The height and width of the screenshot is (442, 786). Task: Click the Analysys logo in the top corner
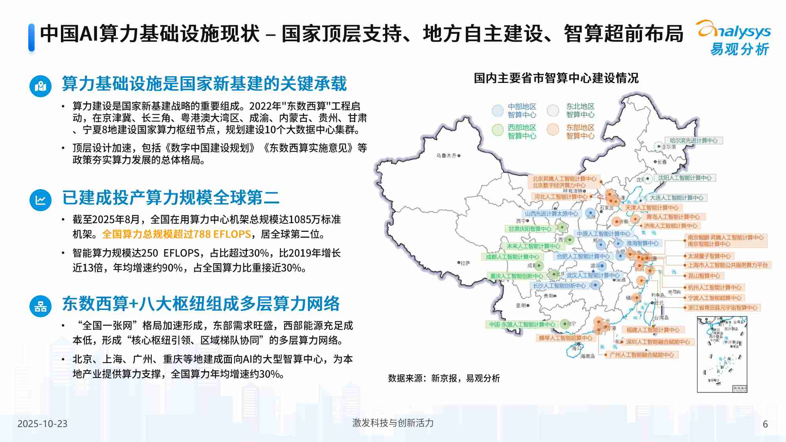point(734,38)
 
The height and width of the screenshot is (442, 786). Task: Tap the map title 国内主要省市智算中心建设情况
point(556,78)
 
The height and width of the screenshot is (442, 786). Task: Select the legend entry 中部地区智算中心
point(522,110)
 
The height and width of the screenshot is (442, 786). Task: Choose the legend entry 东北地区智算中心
point(580,110)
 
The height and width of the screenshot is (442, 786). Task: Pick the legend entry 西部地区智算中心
point(522,132)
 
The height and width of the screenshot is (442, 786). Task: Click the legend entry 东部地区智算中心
point(580,132)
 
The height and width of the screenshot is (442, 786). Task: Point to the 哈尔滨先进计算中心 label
point(694,140)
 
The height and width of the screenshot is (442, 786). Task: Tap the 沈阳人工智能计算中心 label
point(685,178)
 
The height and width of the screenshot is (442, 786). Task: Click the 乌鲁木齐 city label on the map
point(446,156)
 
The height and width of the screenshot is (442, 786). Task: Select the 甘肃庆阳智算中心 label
point(530,229)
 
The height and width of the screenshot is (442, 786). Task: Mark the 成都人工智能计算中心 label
point(512,257)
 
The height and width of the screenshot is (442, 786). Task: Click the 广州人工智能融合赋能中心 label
point(641,355)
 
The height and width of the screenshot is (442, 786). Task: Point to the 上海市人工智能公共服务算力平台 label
point(728,265)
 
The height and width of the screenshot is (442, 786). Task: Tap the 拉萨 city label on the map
point(465,263)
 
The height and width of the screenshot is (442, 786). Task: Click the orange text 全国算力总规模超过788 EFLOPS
point(176,234)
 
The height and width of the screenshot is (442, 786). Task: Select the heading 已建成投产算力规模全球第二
point(171,198)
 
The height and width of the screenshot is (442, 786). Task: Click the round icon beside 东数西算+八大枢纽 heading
point(40,306)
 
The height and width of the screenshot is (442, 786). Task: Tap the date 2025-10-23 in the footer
point(42,424)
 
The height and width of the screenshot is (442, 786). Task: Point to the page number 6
point(765,424)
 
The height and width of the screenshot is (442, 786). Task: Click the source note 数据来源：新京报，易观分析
point(444,378)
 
